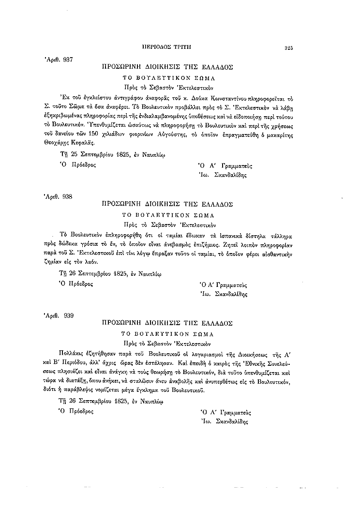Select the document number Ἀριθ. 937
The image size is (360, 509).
click(x=59, y=60)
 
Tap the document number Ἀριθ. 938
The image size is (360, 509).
click(x=59, y=196)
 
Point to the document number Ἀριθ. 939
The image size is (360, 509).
click(x=59, y=315)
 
